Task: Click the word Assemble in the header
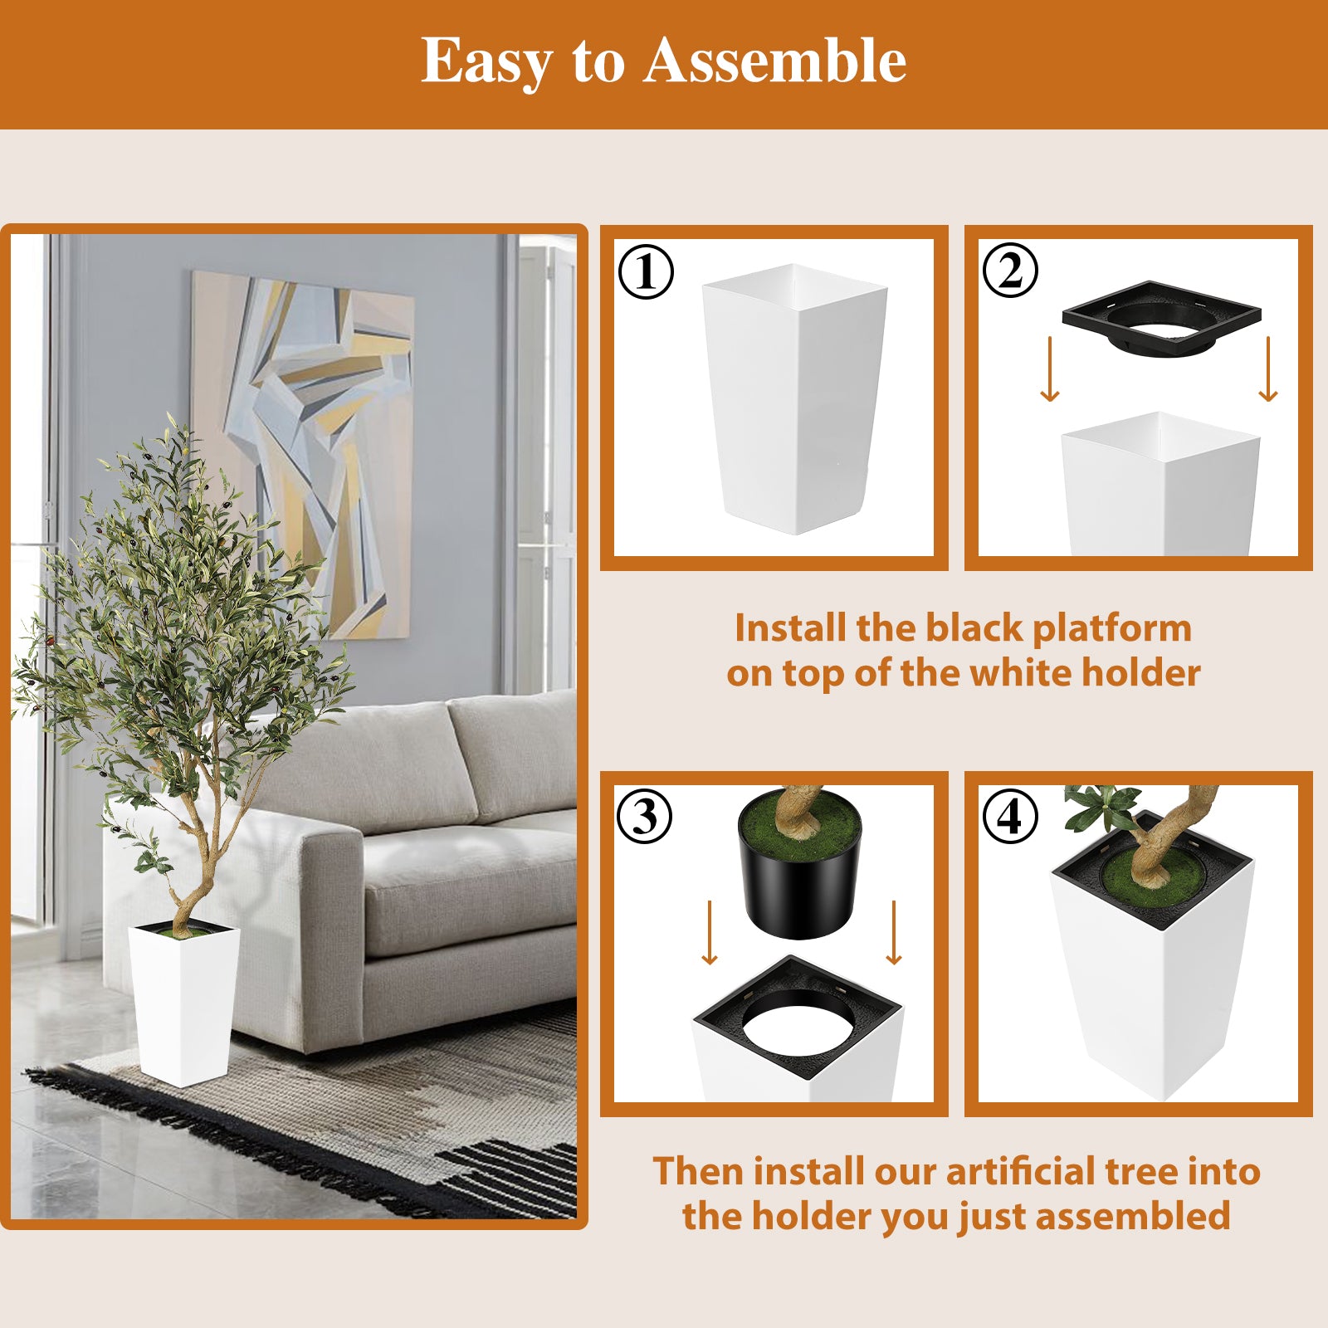pos(774,61)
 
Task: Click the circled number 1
pos(646,272)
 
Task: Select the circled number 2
pos(1009,271)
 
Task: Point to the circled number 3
pos(644,817)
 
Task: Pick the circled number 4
pos(1009,817)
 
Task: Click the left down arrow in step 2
pos(1050,369)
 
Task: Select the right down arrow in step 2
pos(1267,369)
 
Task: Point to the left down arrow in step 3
pos(709,933)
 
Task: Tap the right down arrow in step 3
pos(894,933)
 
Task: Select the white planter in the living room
pos(183,1004)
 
